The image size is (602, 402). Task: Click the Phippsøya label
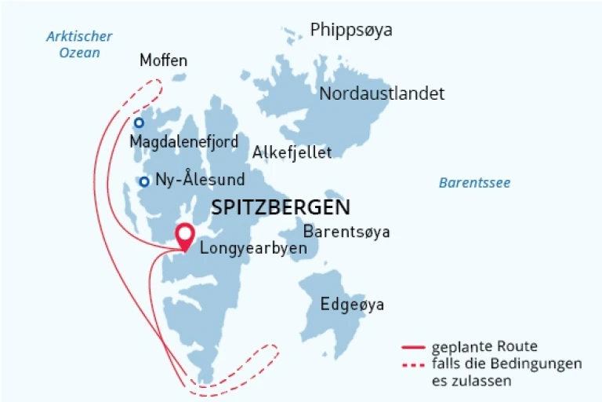tap(350, 31)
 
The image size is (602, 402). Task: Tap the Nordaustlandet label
tap(382, 93)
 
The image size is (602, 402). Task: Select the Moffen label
tap(163, 60)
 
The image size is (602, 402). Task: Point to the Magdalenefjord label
tap(184, 142)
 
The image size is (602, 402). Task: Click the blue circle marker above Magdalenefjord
tap(139, 123)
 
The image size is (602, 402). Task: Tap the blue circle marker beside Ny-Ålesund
tap(144, 182)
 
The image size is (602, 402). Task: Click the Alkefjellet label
tap(292, 152)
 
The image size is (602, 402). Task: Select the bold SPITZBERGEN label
tap(281, 207)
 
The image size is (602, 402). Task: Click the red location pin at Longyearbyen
tap(185, 235)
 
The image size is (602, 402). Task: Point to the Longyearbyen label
tap(252, 248)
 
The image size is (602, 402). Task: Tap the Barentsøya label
tap(346, 232)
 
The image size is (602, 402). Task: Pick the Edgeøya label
tap(352, 304)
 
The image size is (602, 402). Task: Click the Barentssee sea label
tap(474, 183)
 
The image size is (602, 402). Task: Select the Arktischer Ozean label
tap(79, 45)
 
